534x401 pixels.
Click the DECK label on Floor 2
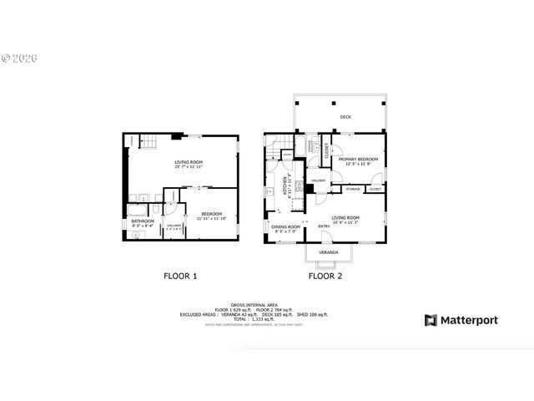pos(345,117)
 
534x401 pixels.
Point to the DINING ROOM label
pos(286,226)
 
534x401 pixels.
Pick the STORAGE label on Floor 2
pos(353,189)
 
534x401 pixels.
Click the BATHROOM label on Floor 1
pos(143,221)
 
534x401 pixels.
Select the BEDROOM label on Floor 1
pos(209,216)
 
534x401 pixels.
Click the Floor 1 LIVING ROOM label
pos(189,162)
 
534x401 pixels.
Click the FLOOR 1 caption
pos(179,275)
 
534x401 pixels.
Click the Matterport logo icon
pos(431,320)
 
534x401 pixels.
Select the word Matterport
pos(470,320)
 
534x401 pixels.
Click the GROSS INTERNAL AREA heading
pos(254,305)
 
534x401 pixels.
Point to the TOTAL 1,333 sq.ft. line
pos(254,319)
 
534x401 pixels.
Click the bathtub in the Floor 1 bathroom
pos(141,200)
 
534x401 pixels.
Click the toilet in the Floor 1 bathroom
pos(135,236)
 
